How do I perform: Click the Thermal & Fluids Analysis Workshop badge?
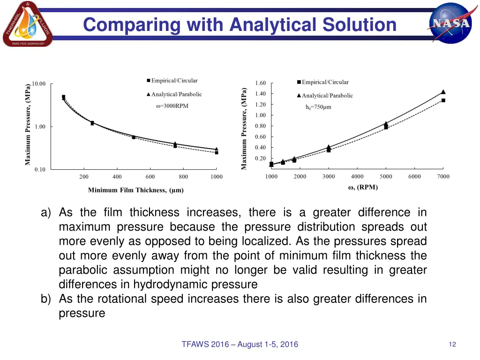click(27, 24)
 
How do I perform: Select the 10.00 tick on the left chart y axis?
click(39, 84)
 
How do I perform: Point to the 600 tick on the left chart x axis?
click(150, 177)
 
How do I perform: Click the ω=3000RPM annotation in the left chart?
click(172, 106)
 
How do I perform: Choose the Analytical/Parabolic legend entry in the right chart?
click(325, 96)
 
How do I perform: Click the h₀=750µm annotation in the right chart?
click(318, 107)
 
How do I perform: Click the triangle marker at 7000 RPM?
click(443, 92)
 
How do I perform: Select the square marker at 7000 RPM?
click(443, 100)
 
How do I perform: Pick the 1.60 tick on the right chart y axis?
click(260, 83)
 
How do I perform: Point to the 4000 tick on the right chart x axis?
click(357, 177)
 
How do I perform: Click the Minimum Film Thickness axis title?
click(136, 190)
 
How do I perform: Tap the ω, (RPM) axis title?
click(362, 187)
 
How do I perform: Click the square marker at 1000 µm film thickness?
click(216, 152)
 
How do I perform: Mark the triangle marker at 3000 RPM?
click(329, 147)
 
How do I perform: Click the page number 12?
click(452, 345)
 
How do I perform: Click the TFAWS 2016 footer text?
click(240, 345)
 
